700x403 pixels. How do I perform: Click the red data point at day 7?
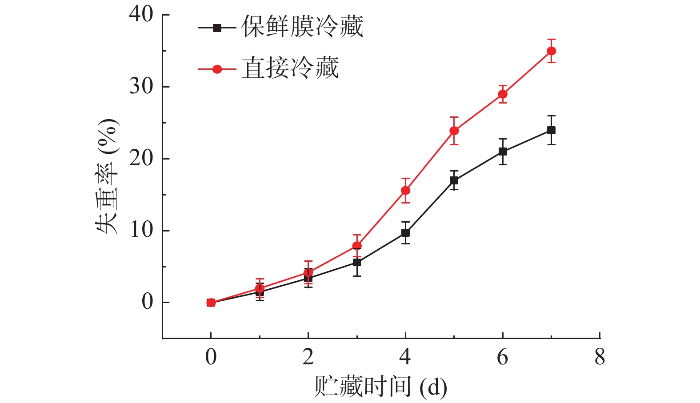[x=551, y=51]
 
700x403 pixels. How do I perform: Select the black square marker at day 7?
[x=551, y=130]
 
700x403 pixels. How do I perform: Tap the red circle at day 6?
[x=503, y=94]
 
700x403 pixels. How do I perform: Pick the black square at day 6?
[x=503, y=152]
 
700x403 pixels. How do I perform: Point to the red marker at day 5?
[x=454, y=131]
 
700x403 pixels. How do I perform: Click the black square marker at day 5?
[x=454, y=180]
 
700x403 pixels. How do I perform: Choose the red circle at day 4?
[x=405, y=191]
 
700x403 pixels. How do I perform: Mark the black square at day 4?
[x=405, y=232]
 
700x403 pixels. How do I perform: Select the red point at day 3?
[x=357, y=246]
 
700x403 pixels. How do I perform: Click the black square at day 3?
[x=357, y=262]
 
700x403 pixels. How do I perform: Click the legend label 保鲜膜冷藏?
[x=302, y=27]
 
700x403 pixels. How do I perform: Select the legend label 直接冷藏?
[x=290, y=68]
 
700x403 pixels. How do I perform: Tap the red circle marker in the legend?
[x=217, y=69]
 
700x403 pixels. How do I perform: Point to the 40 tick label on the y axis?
[x=141, y=15]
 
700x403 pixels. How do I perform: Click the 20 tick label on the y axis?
[x=141, y=159]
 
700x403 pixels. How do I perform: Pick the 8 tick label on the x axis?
[x=600, y=357]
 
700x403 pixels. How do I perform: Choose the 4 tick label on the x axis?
[x=405, y=357]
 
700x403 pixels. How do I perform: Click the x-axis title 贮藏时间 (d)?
[x=380, y=387]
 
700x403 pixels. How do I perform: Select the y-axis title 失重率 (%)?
[x=107, y=176]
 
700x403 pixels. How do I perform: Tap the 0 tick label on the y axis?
[x=147, y=302]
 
